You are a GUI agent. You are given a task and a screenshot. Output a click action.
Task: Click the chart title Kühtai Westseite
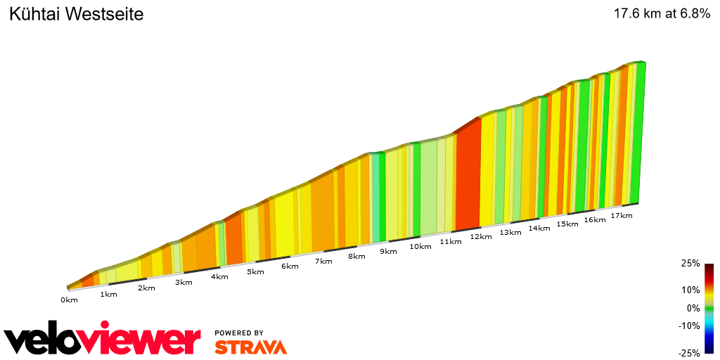click(x=76, y=14)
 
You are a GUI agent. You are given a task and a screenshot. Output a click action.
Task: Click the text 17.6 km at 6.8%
click(x=662, y=13)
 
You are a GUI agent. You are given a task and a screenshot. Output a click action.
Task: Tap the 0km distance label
click(x=69, y=300)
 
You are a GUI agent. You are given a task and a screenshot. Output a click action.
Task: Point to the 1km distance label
click(x=108, y=294)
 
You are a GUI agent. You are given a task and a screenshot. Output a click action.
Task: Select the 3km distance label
click(x=184, y=282)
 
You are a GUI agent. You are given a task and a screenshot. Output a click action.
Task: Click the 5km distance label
click(x=255, y=271)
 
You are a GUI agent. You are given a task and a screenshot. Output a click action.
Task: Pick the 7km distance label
click(x=323, y=262)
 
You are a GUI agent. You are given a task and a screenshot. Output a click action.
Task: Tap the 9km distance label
click(x=388, y=251)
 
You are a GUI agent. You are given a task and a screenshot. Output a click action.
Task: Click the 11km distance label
click(x=451, y=242)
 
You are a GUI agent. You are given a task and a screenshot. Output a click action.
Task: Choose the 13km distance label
click(x=510, y=233)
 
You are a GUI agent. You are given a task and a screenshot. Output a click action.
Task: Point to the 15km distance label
click(x=567, y=224)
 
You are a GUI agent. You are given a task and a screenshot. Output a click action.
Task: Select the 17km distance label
click(x=622, y=215)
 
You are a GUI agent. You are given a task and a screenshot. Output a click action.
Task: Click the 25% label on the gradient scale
click(x=690, y=264)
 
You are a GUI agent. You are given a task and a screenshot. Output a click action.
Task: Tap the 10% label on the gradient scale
click(x=690, y=290)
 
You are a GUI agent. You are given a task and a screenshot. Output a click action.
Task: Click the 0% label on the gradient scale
click(x=693, y=308)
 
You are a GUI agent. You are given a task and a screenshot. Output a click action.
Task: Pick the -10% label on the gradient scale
click(x=689, y=326)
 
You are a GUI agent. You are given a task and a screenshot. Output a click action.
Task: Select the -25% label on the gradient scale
click(x=689, y=353)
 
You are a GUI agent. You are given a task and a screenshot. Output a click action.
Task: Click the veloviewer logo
click(x=103, y=340)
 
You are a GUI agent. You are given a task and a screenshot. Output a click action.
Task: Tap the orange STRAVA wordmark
click(x=250, y=347)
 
